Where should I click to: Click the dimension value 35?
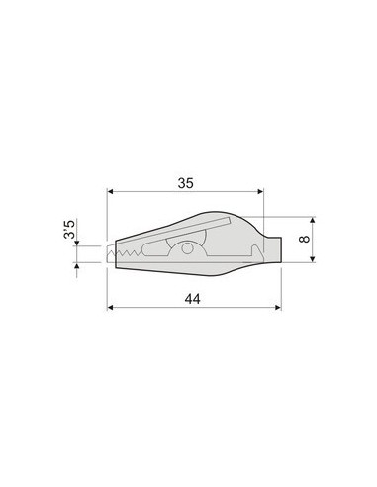click(x=185, y=183)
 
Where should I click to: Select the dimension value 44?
click(x=192, y=299)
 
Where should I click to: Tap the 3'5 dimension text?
click(x=70, y=229)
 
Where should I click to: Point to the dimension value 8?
click(x=305, y=239)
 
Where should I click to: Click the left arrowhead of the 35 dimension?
click(x=111, y=191)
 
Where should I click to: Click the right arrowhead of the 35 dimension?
click(x=260, y=191)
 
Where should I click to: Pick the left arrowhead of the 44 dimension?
click(x=111, y=308)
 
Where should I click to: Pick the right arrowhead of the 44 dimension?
click(x=278, y=308)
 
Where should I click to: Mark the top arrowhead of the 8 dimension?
click(x=313, y=220)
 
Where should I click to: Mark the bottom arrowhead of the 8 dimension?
click(x=313, y=259)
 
